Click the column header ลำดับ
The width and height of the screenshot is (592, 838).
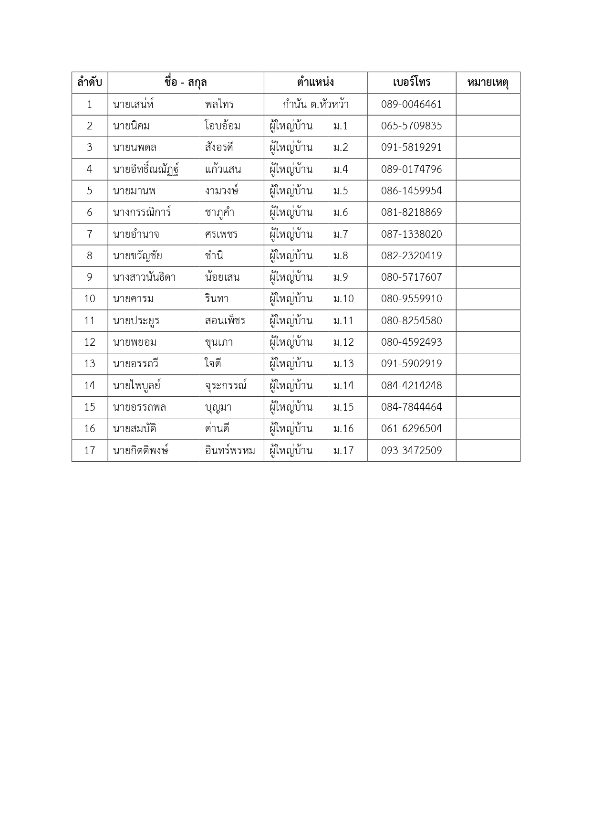(x=90, y=83)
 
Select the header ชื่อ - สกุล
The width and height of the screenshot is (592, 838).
(x=186, y=83)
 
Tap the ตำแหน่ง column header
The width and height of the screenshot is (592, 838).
(x=315, y=83)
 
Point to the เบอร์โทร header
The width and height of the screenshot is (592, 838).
(x=412, y=83)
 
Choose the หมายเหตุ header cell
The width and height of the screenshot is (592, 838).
(x=488, y=83)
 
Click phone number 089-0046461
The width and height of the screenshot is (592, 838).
(x=411, y=105)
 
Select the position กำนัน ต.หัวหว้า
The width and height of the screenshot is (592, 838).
(x=315, y=105)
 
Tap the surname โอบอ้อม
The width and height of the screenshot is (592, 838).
(x=222, y=126)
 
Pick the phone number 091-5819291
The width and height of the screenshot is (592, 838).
(x=411, y=148)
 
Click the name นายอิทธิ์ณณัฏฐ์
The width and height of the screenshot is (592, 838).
(x=146, y=170)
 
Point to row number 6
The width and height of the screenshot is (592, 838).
(x=90, y=212)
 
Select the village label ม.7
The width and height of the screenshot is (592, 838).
(x=341, y=234)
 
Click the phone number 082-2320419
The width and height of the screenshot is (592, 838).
(x=411, y=256)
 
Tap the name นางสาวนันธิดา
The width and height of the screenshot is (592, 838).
(x=144, y=277)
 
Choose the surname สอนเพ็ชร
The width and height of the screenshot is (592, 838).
(x=225, y=321)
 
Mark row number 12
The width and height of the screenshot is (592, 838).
(x=90, y=342)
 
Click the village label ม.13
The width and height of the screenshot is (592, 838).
(x=343, y=364)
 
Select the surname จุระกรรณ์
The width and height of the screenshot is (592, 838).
(x=226, y=386)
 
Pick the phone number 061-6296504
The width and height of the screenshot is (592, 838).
(x=411, y=429)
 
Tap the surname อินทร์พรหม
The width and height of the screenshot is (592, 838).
(x=230, y=450)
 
